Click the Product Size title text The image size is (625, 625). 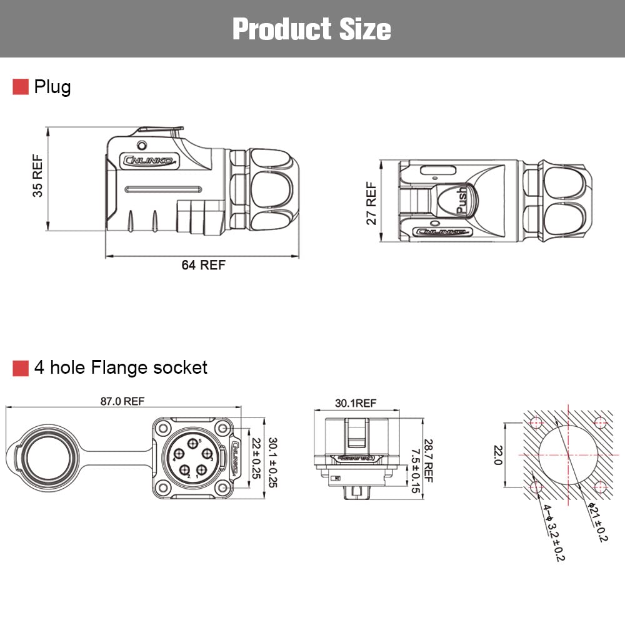(x=312, y=29)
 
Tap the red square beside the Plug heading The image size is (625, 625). (x=21, y=87)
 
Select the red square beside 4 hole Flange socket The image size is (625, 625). (x=21, y=368)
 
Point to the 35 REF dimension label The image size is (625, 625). (x=38, y=176)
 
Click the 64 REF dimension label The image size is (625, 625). (x=203, y=265)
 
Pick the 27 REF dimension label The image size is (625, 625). (x=372, y=203)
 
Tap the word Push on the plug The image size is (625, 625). (x=462, y=200)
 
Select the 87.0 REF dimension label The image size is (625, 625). (x=122, y=401)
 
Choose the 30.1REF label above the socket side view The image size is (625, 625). (x=356, y=403)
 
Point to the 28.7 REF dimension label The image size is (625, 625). (x=427, y=459)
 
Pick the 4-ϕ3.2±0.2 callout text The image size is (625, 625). (x=552, y=531)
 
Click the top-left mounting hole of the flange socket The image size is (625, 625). (x=163, y=428)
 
